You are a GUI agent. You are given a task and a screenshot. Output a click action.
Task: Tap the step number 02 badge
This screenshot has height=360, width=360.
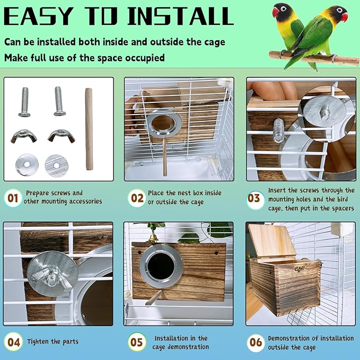click(x=137, y=198)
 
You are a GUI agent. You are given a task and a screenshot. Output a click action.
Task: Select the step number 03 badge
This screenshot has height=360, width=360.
click(x=254, y=198)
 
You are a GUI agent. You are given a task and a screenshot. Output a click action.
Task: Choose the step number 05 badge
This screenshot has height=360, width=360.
click(x=137, y=342)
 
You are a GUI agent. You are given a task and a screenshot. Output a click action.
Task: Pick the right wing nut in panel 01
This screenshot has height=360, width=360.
click(x=61, y=136)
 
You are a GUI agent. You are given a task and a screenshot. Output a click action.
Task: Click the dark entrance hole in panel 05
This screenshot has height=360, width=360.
click(x=158, y=265)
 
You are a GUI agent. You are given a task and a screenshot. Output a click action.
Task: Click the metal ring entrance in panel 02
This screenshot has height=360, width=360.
click(x=164, y=123)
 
